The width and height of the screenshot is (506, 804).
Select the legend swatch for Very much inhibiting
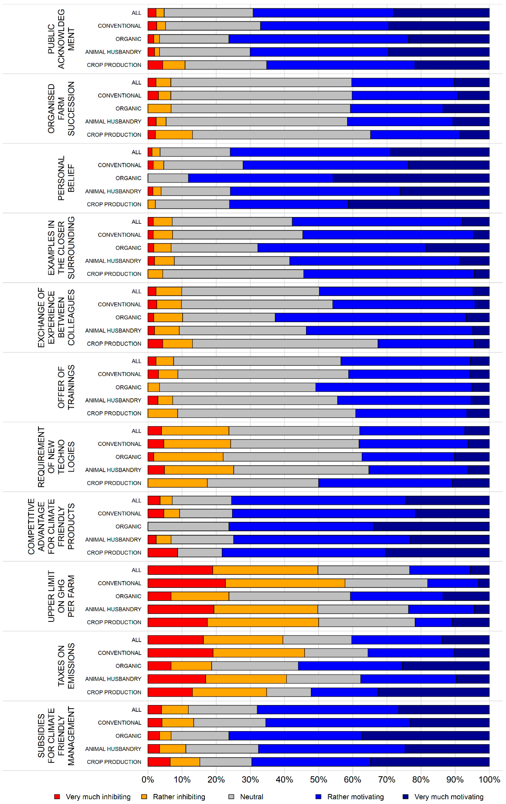point(57,797)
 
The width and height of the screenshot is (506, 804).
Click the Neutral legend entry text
point(251,797)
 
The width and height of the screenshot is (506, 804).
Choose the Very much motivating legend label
point(449,797)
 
